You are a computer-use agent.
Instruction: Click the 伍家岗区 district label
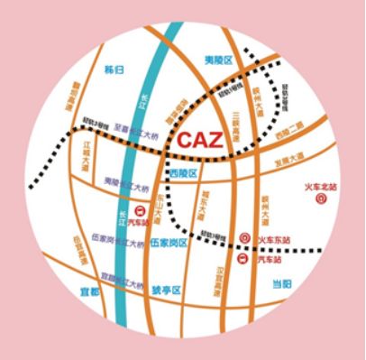tap(169, 243)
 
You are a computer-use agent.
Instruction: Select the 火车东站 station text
tap(275, 239)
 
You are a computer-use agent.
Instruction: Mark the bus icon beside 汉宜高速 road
tap(242, 258)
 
